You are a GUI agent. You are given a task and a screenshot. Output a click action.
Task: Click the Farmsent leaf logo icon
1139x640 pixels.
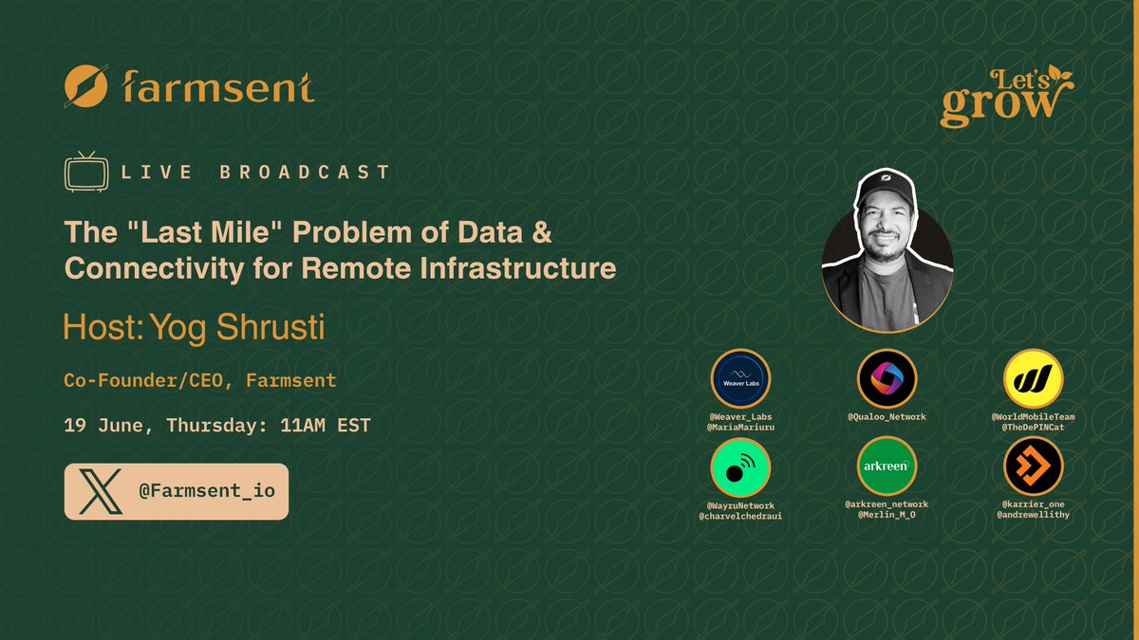[x=86, y=86]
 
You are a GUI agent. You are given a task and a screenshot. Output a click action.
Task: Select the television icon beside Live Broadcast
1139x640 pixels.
[x=84, y=172]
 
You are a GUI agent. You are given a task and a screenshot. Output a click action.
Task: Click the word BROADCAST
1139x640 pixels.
[x=304, y=173]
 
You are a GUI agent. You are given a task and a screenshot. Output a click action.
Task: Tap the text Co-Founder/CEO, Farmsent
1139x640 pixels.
[x=199, y=381]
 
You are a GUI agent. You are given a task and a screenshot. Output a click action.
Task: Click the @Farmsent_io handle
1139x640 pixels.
[x=205, y=491]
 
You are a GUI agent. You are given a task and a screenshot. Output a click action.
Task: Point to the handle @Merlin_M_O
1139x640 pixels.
[x=887, y=515]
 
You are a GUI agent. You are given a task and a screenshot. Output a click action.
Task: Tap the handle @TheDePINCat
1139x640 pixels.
[x=1033, y=429]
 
